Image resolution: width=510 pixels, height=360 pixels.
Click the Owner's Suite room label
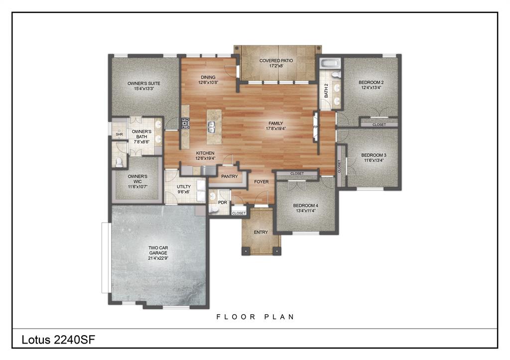pyautogui.click(x=143, y=83)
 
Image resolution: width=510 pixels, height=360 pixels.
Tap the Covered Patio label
pyautogui.click(x=276, y=61)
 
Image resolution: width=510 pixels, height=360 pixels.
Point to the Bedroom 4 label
pyautogui.click(x=305, y=205)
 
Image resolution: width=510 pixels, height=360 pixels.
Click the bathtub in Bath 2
pyautogui.click(x=329, y=63)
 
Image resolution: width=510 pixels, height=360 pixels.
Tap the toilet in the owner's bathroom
pyautogui.click(x=119, y=162)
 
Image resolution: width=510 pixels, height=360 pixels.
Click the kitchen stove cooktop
pyautogui.click(x=185, y=123)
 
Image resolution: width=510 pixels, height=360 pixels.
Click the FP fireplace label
pyautogui.click(x=315, y=127)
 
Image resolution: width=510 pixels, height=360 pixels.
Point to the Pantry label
pyautogui.click(x=229, y=176)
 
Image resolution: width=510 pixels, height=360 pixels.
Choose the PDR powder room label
pyautogui.click(x=222, y=203)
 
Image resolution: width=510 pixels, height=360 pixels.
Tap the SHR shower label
pyautogui.click(x=119, y=134)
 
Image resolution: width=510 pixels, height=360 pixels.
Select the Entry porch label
pyautogui.click(x=260, y=232)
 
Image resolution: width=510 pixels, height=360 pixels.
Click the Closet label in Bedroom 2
pyautogui.click(x=379, y=124)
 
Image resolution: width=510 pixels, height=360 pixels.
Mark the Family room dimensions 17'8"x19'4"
pyautogui.click(x=276, y=128)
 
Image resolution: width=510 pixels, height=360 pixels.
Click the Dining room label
pyautogui.click(x=208, y=77)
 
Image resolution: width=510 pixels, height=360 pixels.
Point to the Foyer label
pyautogui.click(x=261, y=182)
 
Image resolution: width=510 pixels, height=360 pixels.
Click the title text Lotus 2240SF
pyautogui.click(x=58, y=340)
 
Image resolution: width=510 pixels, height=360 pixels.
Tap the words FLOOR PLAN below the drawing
pyautogui.click(x=255, y=317)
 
